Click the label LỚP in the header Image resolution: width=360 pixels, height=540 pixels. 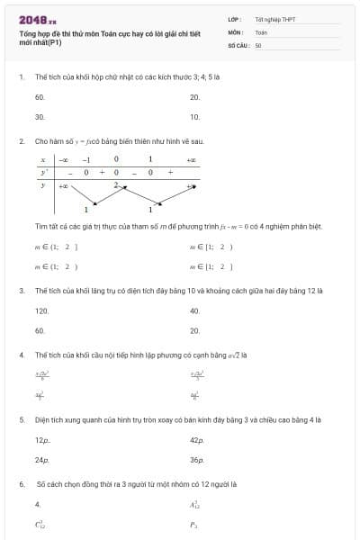pos(234,19)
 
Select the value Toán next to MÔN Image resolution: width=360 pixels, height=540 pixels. pos(261,31)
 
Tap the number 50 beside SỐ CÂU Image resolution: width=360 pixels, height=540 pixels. pos(257,43)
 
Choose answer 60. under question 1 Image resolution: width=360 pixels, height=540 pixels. pos(40,97)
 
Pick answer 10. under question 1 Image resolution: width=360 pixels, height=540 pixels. pos(194,117)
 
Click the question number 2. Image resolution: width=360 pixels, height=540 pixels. pos(21,142)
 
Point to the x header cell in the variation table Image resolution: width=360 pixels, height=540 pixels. pos(42,159)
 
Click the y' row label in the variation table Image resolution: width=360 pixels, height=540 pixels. pos(42,171)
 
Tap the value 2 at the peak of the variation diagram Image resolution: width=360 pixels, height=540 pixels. pos(116,184)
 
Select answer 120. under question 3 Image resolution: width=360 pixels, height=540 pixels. pos(41,310)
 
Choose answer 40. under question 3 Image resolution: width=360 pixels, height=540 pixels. pos(194,310)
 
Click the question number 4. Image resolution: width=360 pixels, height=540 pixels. pos(21,355)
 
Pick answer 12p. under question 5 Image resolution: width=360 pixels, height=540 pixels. pos(42,440)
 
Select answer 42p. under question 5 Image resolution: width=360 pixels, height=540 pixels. pos(196,440)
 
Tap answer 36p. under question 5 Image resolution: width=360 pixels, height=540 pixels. pos(196,460)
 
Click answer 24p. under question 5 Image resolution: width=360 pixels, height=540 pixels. pos(42,460)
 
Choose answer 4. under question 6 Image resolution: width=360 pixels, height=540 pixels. pos(38,504)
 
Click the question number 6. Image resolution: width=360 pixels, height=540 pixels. pos(21,483)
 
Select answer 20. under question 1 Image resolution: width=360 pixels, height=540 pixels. pos(194,97)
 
